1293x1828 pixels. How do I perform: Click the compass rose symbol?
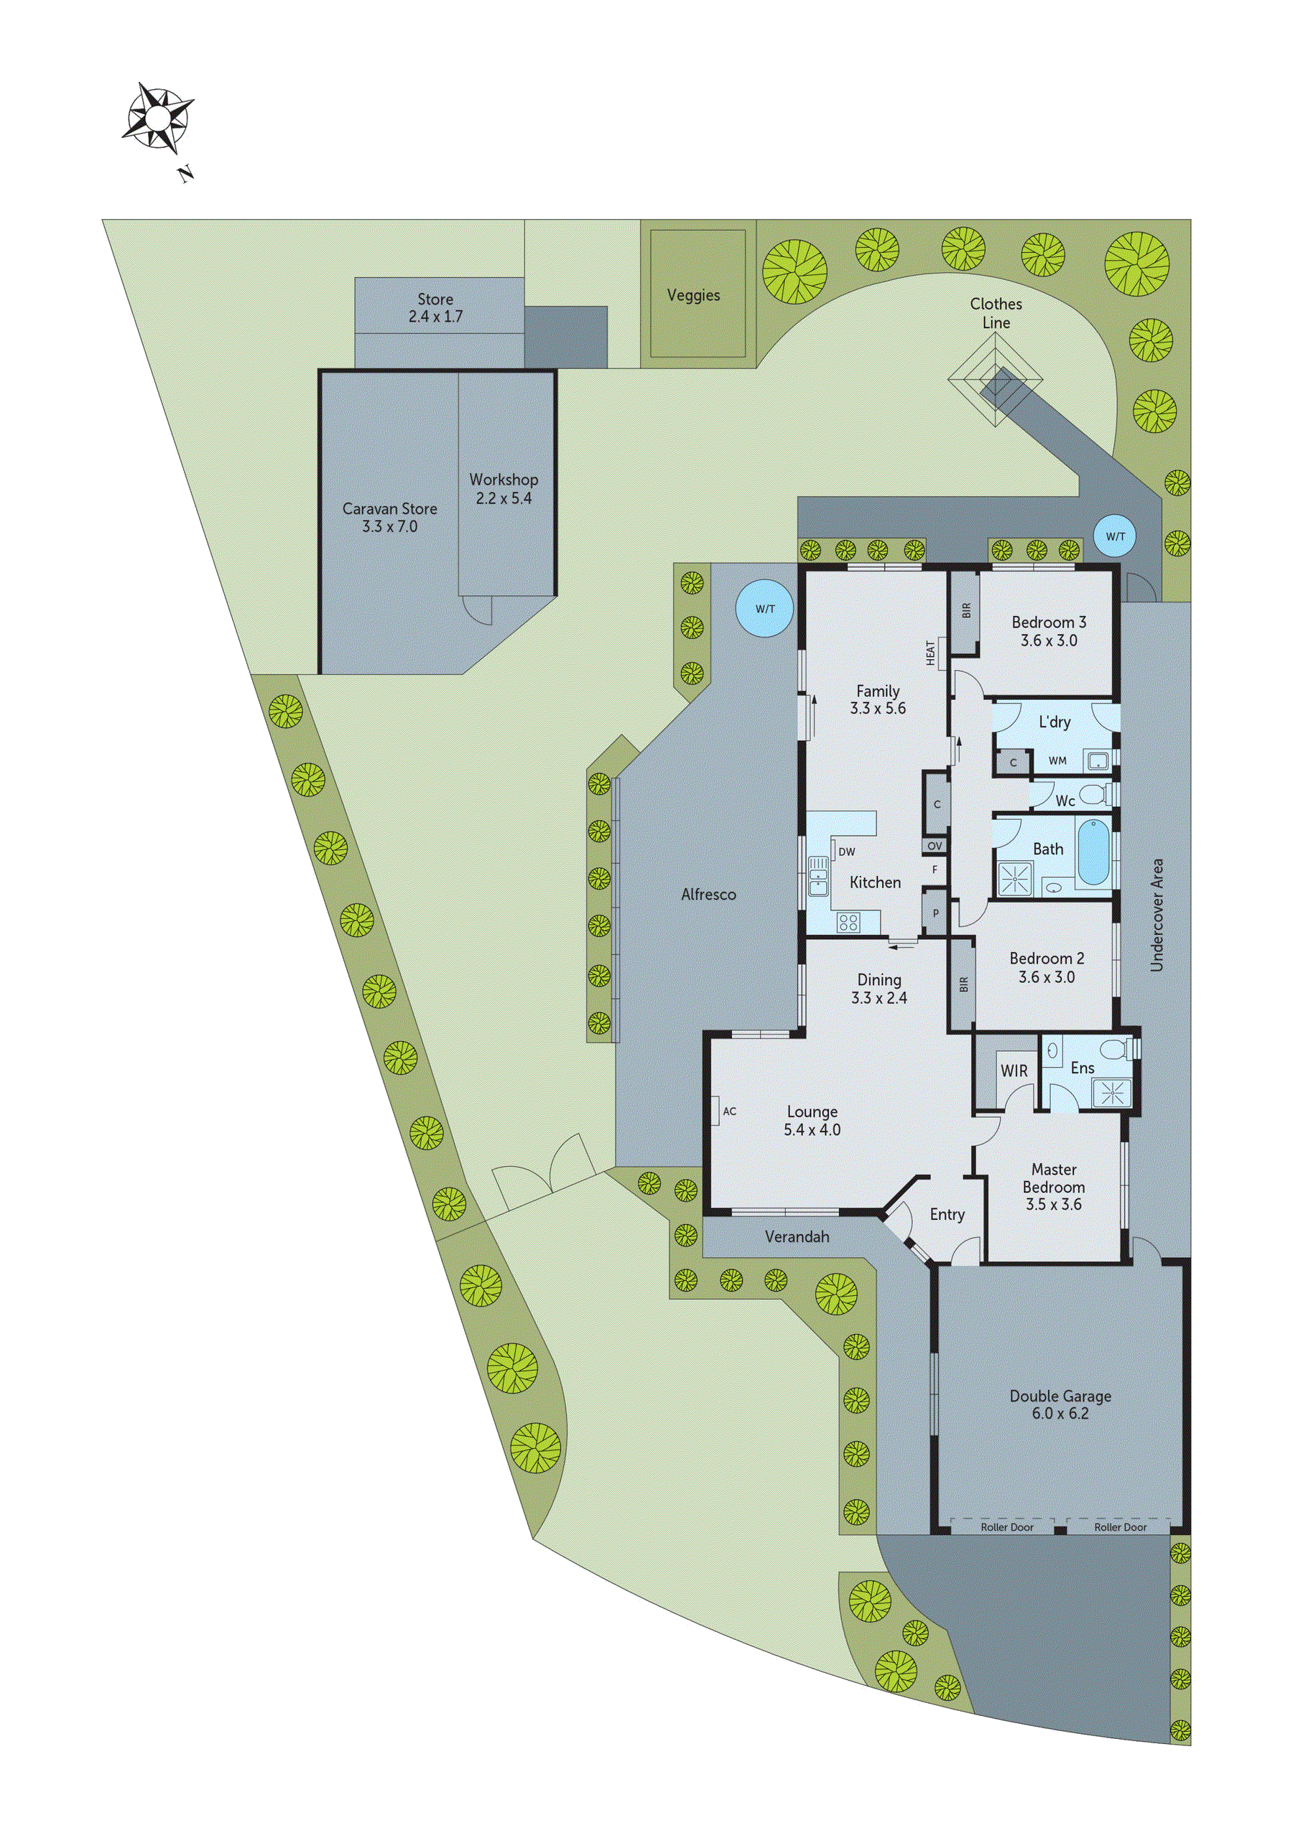(x=158, y=119)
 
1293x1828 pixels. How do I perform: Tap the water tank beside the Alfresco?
(x=765, y=609)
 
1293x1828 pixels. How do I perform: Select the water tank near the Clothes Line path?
(x=1116, y=536)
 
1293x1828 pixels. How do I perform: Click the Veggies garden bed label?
(x=693, y=295)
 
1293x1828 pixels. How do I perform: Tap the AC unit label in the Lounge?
(x=730, y=1111)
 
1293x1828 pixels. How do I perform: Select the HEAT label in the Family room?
(x=930, y=653)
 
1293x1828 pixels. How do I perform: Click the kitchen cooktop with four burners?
(x=848, y=923)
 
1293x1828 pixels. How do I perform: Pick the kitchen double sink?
(x=818, y=876)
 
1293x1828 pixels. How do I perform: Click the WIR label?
(x=1014, y=1071)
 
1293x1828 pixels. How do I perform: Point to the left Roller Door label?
(x=1007, y=1527)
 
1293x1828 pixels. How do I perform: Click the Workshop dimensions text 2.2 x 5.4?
(x=504, y=498)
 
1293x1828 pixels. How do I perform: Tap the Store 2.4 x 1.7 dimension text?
(x=435, y=316)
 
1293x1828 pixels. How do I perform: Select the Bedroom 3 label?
(x=1049, y=622)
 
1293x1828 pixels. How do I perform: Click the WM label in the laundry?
(x=1057, y=760)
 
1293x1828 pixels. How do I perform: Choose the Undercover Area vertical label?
(x=1157, y=915)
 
